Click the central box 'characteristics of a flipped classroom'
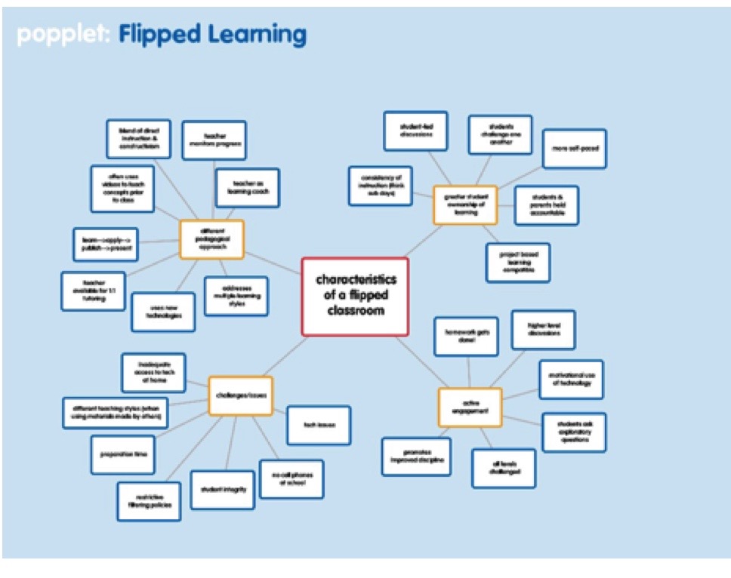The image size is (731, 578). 355,296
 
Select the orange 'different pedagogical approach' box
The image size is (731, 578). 211,240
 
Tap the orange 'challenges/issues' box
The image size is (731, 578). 240,395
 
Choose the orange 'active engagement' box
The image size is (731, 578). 470,407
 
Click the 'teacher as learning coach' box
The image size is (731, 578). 247,187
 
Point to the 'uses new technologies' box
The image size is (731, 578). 163,312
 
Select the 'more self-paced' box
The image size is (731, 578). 575,149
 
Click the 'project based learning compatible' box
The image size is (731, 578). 518,263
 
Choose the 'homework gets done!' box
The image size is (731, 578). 465,337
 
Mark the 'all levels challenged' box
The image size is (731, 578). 504,468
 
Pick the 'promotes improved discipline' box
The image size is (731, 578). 416,457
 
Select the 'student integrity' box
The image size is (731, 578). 223,490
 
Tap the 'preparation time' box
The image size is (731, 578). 122,454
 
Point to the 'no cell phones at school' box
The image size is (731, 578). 291,479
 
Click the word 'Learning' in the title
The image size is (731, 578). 257,35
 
